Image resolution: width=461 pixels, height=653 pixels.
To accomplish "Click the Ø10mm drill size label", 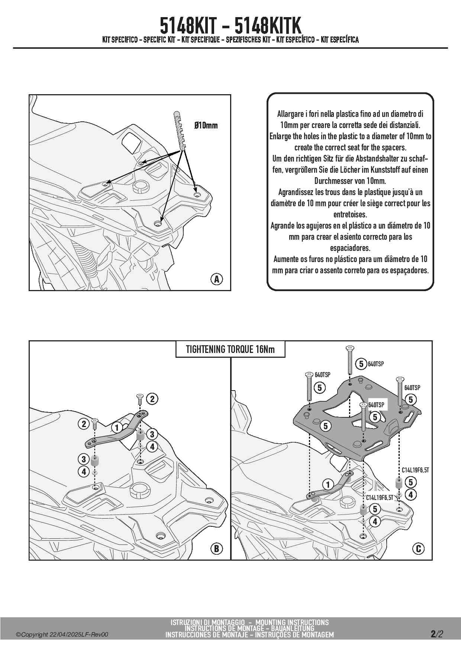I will coord(206,125).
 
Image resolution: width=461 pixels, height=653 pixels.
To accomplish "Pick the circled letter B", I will coord(216,548).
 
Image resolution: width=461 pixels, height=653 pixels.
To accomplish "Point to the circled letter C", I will coord(418,548).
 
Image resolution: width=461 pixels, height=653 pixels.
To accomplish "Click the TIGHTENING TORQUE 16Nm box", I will coord(230,349).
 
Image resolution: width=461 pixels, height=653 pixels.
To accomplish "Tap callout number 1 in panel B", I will coord(117,427).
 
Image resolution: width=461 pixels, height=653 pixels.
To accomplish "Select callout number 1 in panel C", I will coord(328,485).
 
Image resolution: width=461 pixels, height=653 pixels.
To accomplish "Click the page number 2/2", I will coord(437,634).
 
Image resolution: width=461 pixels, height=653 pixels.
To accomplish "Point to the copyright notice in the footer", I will coord(62,634).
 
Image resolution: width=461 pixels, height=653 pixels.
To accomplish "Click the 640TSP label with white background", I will coord(377,405).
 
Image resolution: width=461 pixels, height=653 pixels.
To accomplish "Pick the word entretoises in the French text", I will coord(350,214).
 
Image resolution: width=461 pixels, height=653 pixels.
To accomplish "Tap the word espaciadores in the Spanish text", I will coord(350,248).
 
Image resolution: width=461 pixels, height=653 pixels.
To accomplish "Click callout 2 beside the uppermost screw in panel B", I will coord(152,399).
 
